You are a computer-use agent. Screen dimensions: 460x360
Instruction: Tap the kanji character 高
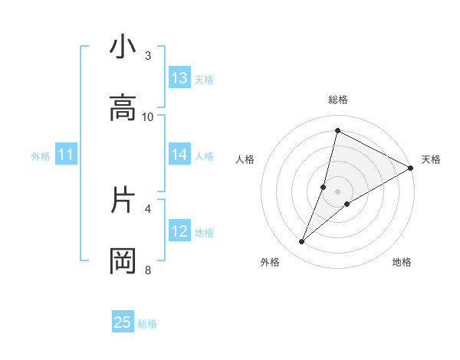(123, 108)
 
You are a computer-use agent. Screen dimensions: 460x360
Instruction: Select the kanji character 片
(123, 201)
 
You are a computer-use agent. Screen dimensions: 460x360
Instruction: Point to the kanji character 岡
(123, 261)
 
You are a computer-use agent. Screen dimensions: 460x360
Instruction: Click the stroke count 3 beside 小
(148, 55)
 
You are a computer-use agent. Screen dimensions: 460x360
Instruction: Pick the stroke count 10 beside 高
(148, 116)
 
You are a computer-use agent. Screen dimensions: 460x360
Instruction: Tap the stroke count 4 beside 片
(148, 208)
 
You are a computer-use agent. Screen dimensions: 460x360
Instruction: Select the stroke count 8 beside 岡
(148, 270)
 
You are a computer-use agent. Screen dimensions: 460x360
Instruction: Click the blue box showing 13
(179, 78)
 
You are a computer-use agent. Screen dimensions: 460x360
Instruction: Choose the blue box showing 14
(179, 155)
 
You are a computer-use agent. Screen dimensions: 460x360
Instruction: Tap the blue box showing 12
(179, 231)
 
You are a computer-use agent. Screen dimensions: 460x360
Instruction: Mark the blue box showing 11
(66, 155)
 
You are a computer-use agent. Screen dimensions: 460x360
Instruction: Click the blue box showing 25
(123, 322)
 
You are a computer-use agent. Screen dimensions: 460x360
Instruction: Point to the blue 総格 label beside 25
(147, 324)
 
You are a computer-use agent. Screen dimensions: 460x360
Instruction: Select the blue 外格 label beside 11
(41, 156)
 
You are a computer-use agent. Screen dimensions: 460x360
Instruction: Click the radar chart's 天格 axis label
(431, 159)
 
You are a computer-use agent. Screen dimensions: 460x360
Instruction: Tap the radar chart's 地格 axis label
(402, 263)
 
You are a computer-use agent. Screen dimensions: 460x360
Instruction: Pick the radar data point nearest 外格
(302, 242)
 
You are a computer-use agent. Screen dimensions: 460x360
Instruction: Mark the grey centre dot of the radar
(337, 191)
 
